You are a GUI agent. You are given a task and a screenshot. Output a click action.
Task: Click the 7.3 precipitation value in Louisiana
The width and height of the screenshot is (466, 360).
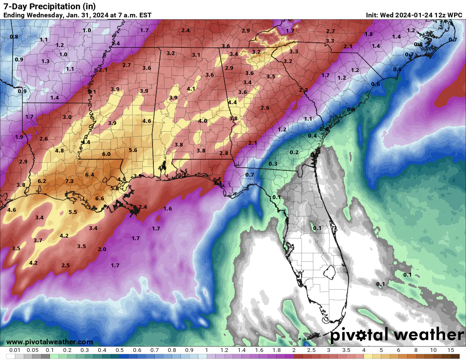click(x=69, y=181)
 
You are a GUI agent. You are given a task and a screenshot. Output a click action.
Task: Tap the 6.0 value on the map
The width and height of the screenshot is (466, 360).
click(x=106, y=154)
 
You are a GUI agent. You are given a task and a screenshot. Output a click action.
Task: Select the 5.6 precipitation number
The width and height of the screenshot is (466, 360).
click(x=133, y=150)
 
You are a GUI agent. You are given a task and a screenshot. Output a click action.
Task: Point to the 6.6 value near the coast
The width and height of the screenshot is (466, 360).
click(x=100, y=199)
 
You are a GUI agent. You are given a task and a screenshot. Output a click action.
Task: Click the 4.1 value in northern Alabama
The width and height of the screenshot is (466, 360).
click(x=191, y=89)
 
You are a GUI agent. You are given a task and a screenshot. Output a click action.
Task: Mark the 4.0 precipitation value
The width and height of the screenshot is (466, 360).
click(x=202, y=121)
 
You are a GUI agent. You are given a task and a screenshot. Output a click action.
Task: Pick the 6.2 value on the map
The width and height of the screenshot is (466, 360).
click(x=42, y=181)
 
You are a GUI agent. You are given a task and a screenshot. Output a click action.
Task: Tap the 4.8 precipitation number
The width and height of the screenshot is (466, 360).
click(x=59, y=151)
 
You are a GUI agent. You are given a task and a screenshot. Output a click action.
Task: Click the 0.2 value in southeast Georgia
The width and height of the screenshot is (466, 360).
click(x=294, y=152)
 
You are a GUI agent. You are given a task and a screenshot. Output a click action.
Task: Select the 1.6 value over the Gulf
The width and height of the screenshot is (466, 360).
click(x=168, y=209)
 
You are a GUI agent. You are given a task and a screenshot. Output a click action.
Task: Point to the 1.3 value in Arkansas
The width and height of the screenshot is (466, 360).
click(x=45, y=61)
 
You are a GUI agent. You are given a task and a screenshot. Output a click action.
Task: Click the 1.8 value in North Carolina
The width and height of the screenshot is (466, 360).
click(x=369, y=34)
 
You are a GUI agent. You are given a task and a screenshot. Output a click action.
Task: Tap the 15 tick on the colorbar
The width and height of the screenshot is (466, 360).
click(x=450, y=350)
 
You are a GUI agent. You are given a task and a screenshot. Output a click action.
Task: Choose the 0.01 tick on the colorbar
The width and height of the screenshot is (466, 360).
click(x=15, y=350)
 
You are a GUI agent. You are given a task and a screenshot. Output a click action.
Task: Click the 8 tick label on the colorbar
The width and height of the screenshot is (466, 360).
click(x=416, y=350)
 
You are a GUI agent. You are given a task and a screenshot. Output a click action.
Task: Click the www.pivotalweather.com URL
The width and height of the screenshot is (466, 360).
click(x=50, y=342)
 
